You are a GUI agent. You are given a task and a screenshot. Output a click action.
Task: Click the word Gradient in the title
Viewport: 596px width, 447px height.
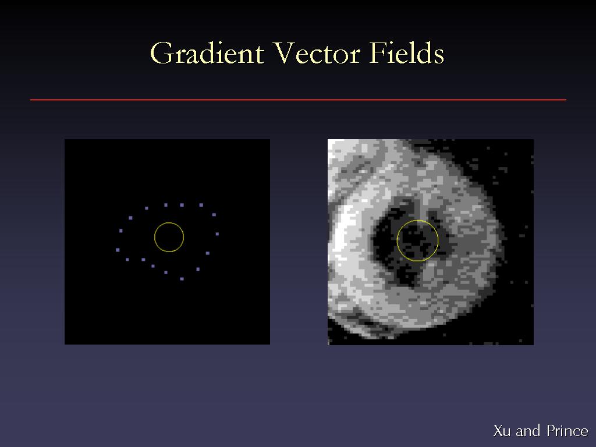pos(207,53)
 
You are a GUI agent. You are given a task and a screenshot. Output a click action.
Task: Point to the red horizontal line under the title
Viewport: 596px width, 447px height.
pos(298,100)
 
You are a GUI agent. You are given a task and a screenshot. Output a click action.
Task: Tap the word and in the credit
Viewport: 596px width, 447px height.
pos(528,431)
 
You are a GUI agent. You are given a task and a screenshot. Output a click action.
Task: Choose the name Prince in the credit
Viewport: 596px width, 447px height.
pos(567,431)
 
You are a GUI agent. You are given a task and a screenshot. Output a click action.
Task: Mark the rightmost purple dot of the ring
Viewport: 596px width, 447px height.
pos(217,234)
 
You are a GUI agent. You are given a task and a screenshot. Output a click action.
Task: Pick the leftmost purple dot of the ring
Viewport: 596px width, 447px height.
pos(118,250)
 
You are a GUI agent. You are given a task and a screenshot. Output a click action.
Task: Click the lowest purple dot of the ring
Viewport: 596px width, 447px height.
pos(182,279)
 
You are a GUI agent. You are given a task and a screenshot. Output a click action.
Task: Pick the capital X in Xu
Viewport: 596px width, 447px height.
pos(498,431)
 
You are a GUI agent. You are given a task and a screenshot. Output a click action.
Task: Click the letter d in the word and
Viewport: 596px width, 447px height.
pos(536,431)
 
